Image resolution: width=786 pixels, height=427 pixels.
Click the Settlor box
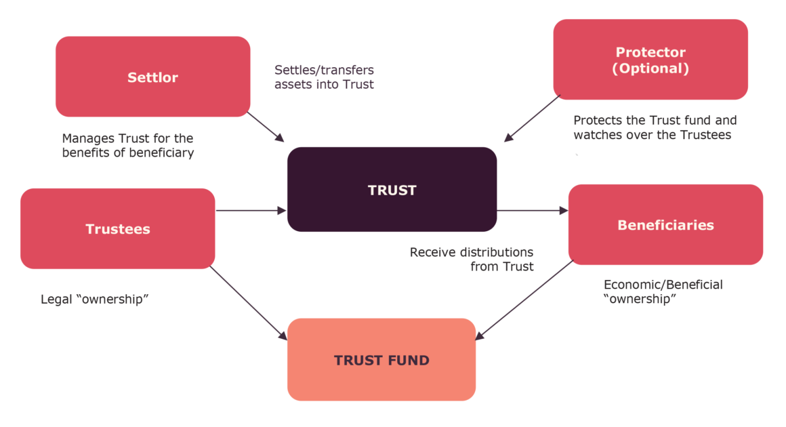152,77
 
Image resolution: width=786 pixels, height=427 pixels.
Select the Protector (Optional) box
650,60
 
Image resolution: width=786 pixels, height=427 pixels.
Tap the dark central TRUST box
392,190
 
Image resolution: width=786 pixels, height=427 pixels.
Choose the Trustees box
118,229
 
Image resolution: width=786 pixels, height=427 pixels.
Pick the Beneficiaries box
665,224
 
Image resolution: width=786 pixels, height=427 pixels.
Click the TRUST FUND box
381,360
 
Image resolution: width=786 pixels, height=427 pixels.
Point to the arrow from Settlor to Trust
266,127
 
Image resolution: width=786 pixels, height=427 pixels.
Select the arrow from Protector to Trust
532,119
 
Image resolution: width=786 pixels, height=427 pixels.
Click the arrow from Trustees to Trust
251,211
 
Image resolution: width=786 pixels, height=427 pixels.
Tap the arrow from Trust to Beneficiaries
533,211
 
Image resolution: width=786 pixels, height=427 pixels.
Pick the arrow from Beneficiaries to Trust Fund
525,300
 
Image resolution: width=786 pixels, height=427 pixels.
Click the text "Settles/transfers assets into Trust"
324,77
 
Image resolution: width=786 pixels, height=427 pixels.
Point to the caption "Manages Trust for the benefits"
128,146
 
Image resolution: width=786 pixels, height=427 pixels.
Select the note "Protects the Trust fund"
655,127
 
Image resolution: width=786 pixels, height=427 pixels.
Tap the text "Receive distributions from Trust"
472,260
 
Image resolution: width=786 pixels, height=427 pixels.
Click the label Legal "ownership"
95,299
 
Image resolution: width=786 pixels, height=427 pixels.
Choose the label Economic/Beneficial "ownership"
663,291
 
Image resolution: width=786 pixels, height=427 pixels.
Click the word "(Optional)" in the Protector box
650,68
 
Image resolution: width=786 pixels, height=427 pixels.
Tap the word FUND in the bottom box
407,360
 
